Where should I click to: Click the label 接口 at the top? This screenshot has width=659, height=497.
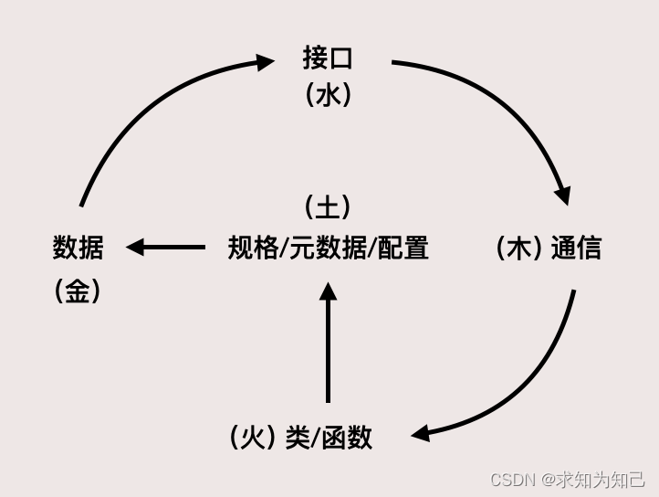(x=328, y=58)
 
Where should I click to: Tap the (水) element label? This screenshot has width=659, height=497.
(x=328, y=95)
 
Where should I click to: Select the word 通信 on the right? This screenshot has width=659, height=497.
(x=576, y=248)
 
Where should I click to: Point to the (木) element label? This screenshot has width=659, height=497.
(x=519, y=248)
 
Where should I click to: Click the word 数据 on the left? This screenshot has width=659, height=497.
(x=78, y=247)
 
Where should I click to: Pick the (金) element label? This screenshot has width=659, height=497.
(x=78, y=291)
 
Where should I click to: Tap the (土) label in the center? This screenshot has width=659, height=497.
(x=328, y=206)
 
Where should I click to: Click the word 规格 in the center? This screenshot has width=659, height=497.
(x=253, y=248)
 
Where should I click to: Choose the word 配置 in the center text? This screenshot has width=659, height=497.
(x=403, y=248)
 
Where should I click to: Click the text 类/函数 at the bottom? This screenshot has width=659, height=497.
(x=329, y=437)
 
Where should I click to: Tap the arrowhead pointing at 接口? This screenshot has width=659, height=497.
(x=266, y=62)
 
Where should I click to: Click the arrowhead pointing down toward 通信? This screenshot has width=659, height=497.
(x=562, y=195)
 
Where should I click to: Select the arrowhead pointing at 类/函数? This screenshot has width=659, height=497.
(x=420, y=432)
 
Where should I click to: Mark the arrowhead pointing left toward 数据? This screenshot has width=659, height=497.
(x=136, y=247)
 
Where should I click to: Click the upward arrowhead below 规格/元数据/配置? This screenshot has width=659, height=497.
(x=329, y=291)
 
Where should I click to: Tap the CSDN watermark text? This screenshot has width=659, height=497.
(x=512, y=480)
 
